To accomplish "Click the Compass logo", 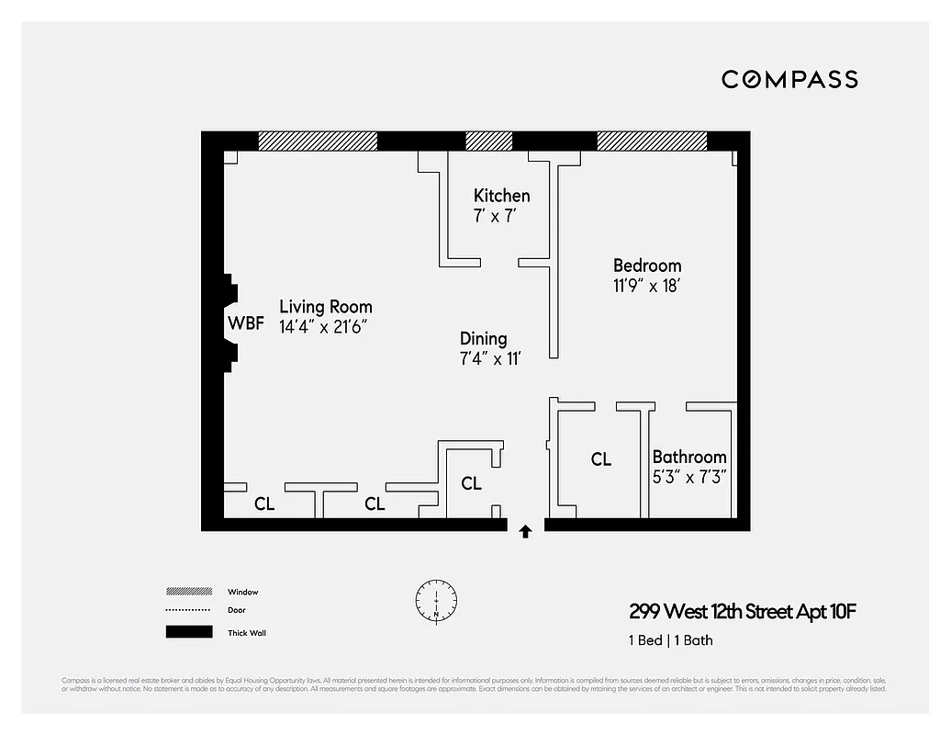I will [789, 79].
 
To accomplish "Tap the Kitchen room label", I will [501, 196].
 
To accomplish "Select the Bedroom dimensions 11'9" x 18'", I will [646, 286].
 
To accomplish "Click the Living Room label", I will [326, 307].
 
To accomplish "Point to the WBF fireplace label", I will [246, 323].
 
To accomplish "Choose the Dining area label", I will [483, 339].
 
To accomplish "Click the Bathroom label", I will [689, 457].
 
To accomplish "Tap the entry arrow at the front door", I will [525, 531].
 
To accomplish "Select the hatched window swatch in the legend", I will [188, 592].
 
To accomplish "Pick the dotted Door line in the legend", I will [188, 610].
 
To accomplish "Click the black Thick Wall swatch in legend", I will [188, 632].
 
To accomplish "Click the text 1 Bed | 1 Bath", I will [671, 640].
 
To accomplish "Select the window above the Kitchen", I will [489, 141].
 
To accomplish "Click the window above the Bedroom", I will [652, 141].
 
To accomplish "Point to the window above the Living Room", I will [318, 141].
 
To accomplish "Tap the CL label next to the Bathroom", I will [601, 459].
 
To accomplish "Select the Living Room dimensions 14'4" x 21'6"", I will [330, 326].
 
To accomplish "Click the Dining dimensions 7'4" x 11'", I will [490, 358].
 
